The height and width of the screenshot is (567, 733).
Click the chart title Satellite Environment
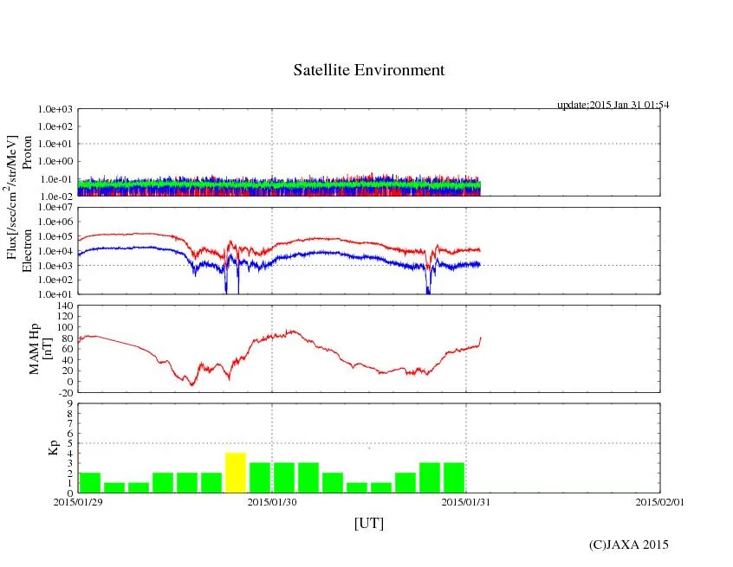pos(368,70)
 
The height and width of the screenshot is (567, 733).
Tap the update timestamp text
pos(613,105)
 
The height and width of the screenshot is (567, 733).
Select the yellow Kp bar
pos(236,473)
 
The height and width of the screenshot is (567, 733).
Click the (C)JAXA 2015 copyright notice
pos(628,544)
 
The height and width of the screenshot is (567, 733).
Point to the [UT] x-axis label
pos(368,524)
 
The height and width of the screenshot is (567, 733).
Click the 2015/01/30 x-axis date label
pos(272,500)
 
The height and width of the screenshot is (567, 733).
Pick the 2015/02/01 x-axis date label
pos(660,500)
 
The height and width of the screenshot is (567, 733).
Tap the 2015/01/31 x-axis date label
pos(466,500)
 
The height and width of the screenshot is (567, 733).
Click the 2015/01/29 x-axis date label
pos(78,500)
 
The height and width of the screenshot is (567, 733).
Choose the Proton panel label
pos(27,153)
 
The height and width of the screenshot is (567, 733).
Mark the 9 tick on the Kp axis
pos(69,403)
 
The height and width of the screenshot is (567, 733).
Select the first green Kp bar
pos(90,482)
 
